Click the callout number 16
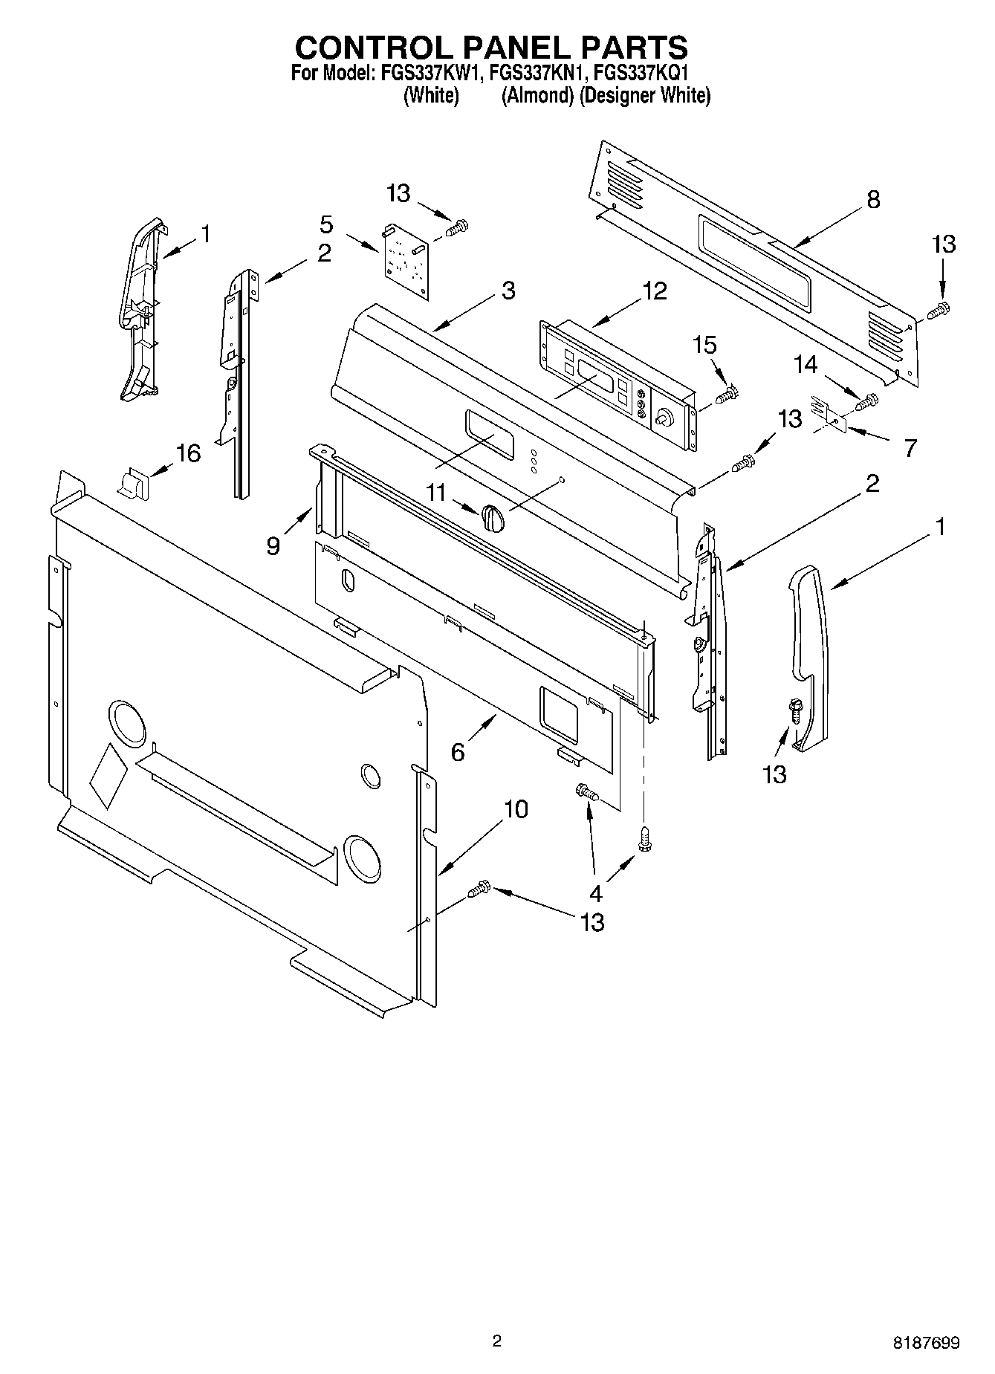point(188,453)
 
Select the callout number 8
point(873,199)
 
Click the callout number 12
point(655,291)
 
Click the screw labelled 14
point(866,402)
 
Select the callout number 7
point(910,448)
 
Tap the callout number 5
point(326,224)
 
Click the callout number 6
point(458,752)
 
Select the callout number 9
point(273,546)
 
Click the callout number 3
point(508,290)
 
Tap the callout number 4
point(595,892)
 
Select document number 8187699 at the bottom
point(926,1343)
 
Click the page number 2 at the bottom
point(497,1341)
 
